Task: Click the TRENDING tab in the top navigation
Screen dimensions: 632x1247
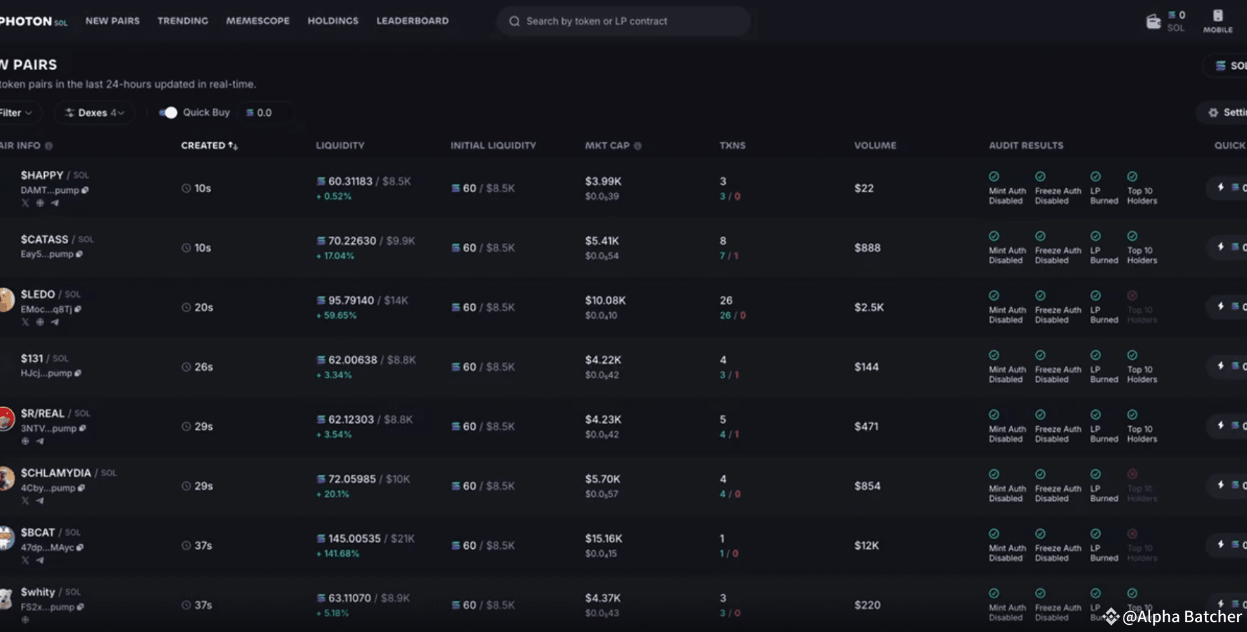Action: point(183,21)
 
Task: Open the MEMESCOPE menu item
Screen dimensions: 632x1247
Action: point(257,21)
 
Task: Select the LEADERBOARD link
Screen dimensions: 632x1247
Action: point(412,21)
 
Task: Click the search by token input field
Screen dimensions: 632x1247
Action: point(624,21)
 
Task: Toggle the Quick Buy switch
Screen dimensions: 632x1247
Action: point(168,112)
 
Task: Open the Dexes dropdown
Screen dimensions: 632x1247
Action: point(95,112)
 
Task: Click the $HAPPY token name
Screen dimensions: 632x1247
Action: point(42,175)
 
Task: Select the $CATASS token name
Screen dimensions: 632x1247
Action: point(44,240)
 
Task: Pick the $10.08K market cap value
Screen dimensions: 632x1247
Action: point(605,300)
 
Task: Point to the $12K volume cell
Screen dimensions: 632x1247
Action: point(866,546)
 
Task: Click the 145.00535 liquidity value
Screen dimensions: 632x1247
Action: point(354,538)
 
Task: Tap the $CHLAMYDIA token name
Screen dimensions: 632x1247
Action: point(56,473)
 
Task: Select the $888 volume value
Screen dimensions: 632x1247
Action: point(867,248)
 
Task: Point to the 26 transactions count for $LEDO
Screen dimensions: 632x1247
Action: point(726,300)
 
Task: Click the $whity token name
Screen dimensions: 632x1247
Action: point(38,592)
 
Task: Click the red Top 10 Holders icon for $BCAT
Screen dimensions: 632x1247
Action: point(1132,534)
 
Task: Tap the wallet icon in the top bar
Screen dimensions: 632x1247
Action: point(1153,21)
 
